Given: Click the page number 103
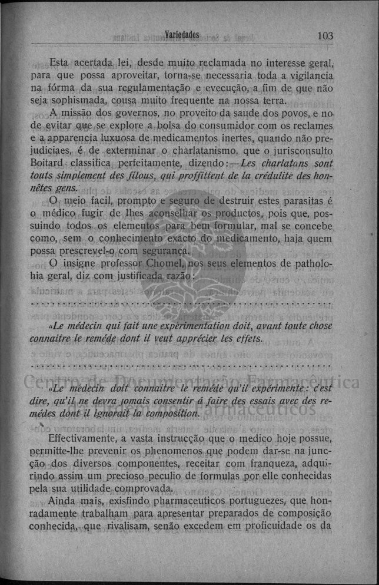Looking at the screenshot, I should tap(325, 35).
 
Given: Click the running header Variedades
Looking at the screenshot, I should tap(183, 35).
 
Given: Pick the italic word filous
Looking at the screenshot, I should tap(153, 176).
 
